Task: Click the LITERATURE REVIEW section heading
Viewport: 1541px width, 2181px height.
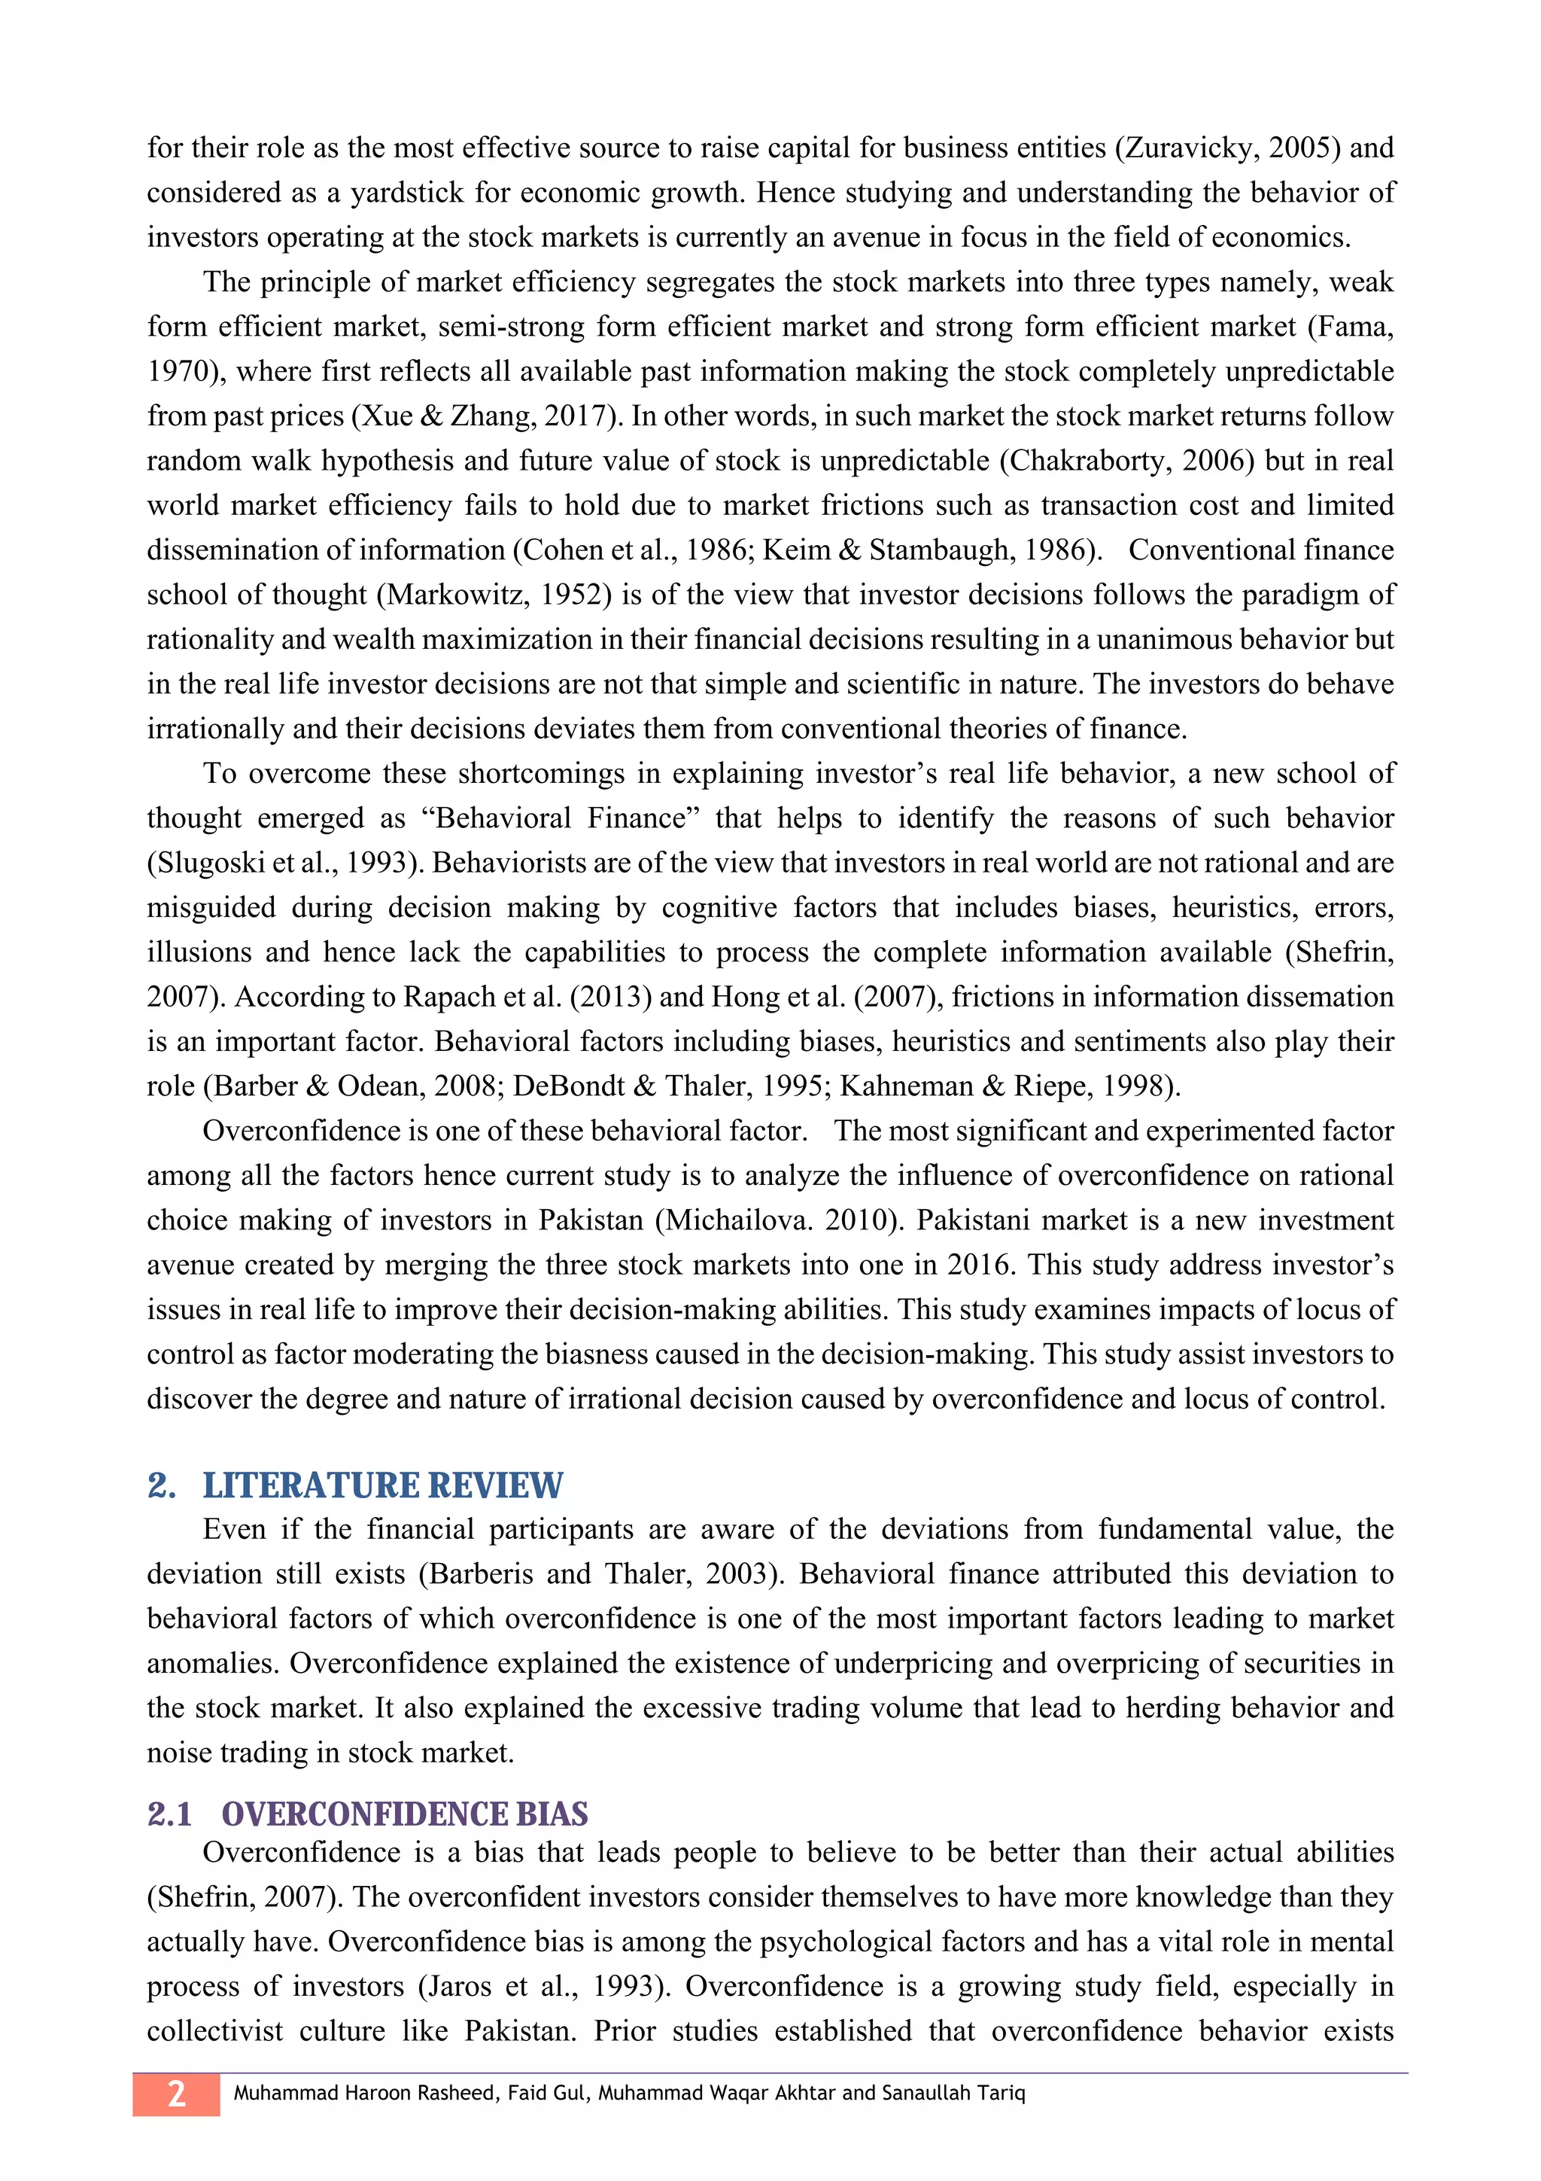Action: coord(383,1485)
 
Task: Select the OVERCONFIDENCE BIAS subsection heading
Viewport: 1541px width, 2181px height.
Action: coord(405,1814)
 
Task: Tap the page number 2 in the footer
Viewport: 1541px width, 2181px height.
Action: coord(177,2094)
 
